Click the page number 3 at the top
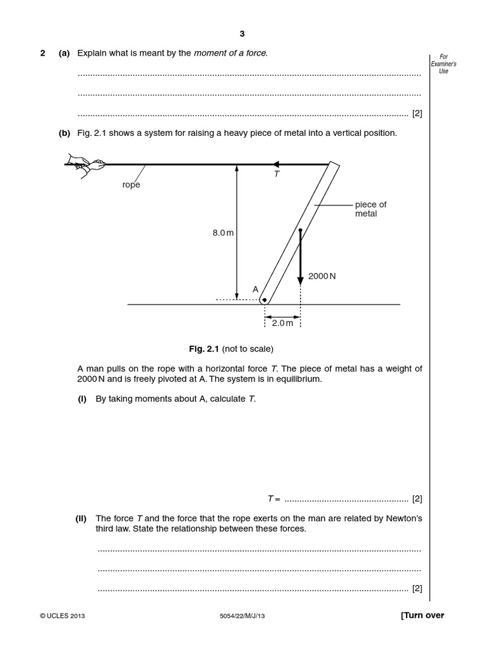coord(242,34)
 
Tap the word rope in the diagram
coord(131,185)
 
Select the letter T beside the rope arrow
coord(276,174)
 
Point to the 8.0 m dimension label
coord(223,233)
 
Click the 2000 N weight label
coord(321,276)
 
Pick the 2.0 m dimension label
coord(282,323)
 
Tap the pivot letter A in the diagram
coord(256,289)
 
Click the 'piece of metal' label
coord(371,209)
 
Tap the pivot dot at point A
coord(265,300)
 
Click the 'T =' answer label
coord(273,499)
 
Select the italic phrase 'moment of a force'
coord(231,53)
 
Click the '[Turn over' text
coord(422,615)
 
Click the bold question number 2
coord(43,53)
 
